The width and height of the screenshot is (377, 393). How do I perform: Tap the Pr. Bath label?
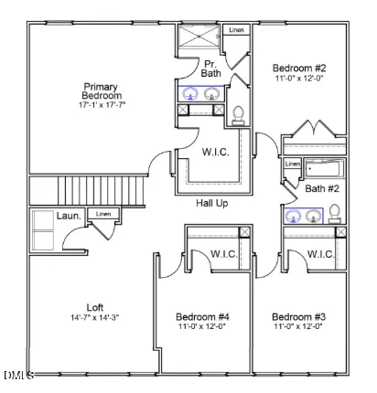click(x=211, y=68)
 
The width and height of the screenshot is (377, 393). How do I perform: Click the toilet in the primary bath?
click(x=239, y=114)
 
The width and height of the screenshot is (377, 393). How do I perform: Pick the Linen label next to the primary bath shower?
click(x=236, y=30)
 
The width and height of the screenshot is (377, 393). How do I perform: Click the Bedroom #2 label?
click(x=300, y=68)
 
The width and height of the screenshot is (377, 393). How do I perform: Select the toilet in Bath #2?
click(x=334, y=213)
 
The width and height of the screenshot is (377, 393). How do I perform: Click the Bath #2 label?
click(x=322, y=189)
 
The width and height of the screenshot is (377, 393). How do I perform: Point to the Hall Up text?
click(x=211, y=202)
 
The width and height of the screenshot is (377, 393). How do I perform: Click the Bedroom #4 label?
click(x=203, y=317)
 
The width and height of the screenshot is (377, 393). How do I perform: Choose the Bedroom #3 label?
click(x=298, y=317)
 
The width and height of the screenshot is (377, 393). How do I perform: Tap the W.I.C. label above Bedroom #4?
click(x=224, y=254)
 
